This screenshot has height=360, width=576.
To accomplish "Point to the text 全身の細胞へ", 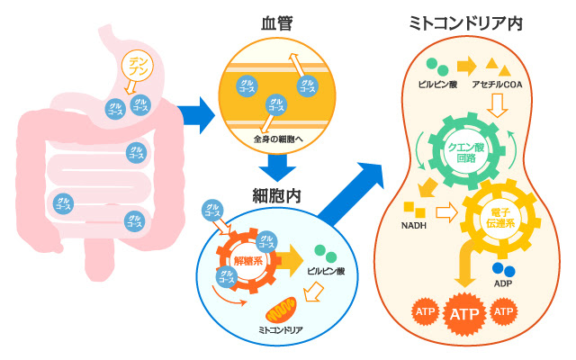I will (278, 139).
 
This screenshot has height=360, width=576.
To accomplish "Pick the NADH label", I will (415, 225).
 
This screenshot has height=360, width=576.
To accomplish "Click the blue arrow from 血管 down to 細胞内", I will (276, 166).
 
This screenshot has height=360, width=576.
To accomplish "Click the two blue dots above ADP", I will (504, 269).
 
